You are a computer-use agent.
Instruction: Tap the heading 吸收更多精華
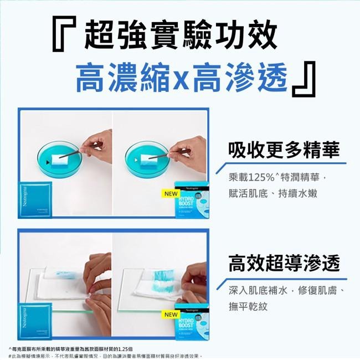pos(284,149)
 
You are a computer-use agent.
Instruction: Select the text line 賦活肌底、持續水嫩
pos(271,193)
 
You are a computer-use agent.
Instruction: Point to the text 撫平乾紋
pos(248,306)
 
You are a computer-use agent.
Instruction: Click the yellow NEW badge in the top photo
pos(171,194)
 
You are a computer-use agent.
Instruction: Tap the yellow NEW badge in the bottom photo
pos(171,315)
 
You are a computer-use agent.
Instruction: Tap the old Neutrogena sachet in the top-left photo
pos(35,200)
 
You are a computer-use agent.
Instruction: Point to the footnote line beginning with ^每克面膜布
pos(74,348)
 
